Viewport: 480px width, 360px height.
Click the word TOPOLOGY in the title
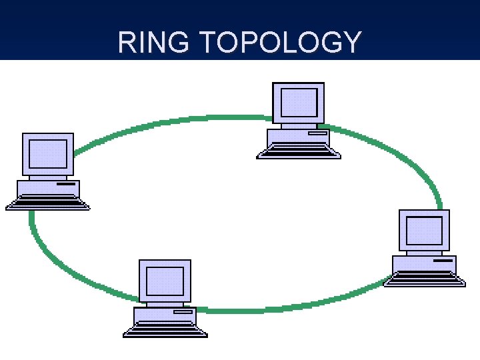pos(280,43)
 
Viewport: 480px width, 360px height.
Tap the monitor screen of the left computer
pos(48,153)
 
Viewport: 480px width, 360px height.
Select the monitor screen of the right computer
pos(424,230)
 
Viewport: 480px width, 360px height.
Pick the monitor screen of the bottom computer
pos(165,281)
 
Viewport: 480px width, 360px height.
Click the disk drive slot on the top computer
pos(317,133)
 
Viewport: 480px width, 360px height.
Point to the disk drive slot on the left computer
pos(66,183)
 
